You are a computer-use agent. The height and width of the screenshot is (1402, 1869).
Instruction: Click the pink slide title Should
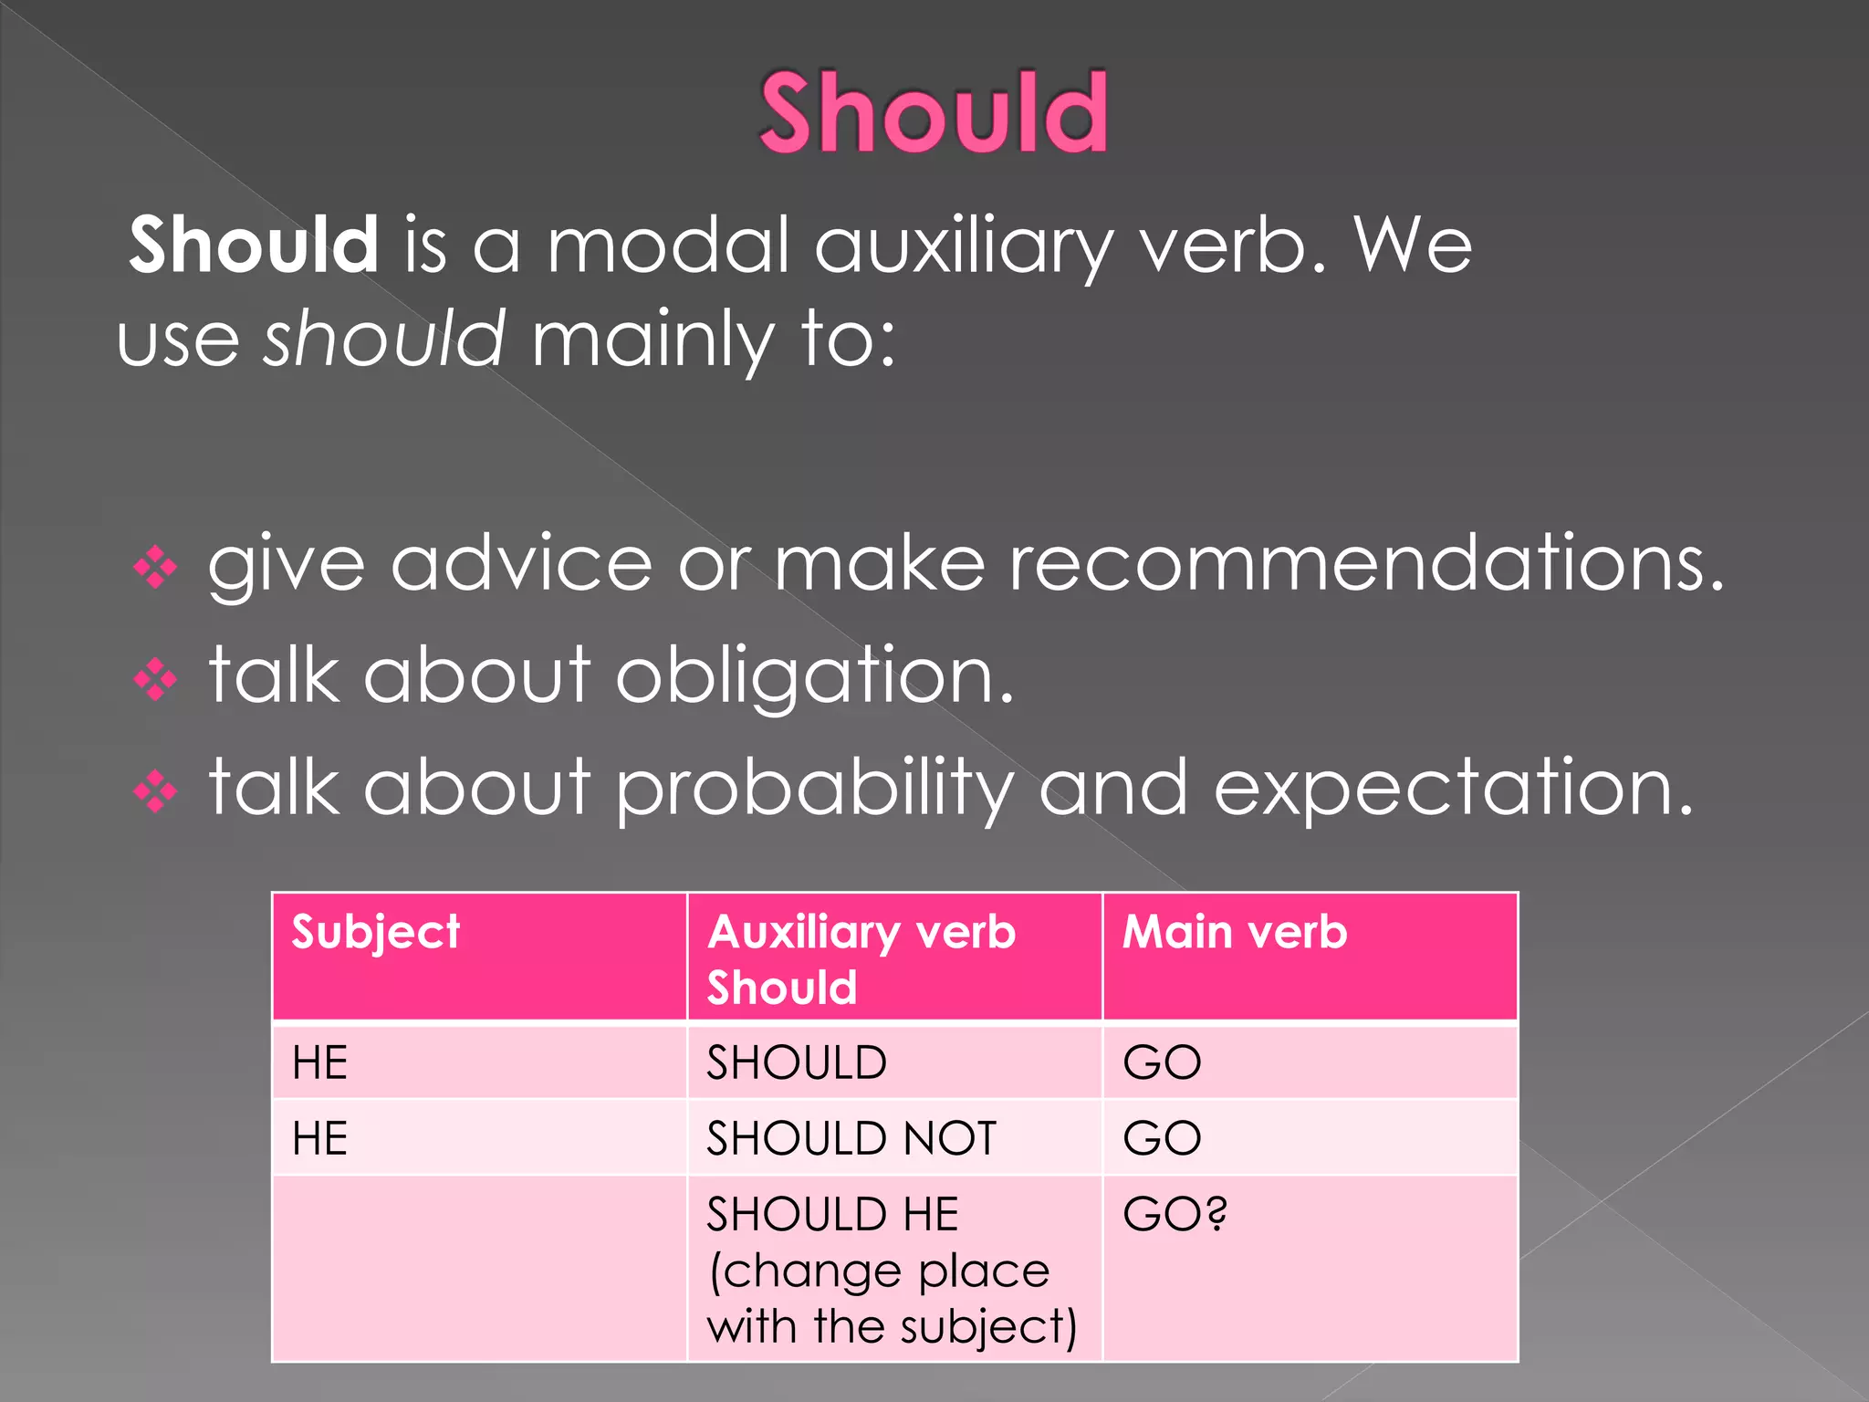934,113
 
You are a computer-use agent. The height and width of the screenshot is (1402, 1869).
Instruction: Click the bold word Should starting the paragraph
254,245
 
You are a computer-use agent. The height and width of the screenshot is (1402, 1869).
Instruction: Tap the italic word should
383,338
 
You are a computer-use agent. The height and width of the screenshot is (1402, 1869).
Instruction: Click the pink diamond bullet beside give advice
155,568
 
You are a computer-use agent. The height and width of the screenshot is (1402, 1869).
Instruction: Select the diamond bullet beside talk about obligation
155,679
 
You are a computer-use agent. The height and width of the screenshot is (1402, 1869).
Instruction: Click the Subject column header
376,933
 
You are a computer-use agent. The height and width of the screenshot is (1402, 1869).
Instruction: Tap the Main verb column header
1234,933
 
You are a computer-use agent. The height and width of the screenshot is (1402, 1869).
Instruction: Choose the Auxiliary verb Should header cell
861,958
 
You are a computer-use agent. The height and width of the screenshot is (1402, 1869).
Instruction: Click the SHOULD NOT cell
851,1138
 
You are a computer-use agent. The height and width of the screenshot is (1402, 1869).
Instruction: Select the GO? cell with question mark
1175,1214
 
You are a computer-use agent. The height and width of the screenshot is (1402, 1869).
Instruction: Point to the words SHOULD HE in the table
832,1214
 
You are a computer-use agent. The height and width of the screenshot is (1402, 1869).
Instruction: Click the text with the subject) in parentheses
892,1326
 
